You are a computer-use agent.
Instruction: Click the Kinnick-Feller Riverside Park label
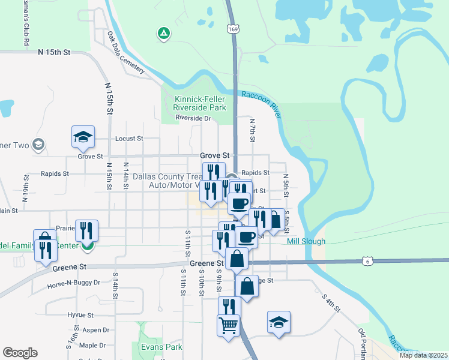(199, 103)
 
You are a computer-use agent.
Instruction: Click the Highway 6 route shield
(368, 260)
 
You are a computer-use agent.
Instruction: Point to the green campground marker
(163, 34)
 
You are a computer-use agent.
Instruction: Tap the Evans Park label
(161, 347)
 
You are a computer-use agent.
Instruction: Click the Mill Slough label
(306, 241)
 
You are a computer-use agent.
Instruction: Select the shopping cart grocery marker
(228, 326)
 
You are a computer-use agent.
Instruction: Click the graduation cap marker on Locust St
(83, 137)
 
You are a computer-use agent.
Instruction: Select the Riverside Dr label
(193, 118)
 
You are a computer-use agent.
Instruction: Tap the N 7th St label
(253, 130)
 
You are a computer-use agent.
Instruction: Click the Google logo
(20, 353)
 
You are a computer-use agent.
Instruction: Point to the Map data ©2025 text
(423, 355)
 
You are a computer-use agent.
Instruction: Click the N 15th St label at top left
(54, 52)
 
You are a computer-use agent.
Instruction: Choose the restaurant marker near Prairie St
(86, 231)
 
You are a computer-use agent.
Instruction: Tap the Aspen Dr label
(95, 330)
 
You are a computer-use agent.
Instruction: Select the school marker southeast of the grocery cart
(279, 322)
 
